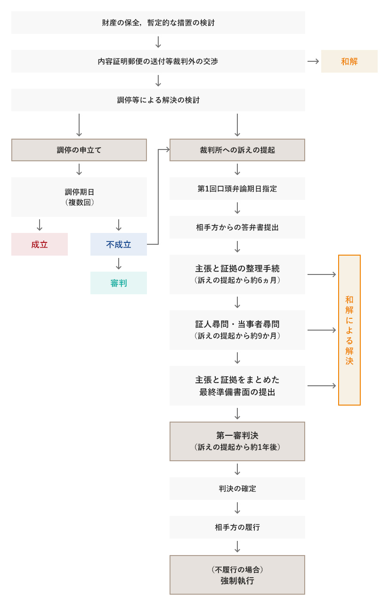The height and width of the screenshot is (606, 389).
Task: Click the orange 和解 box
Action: pyautogui.click(x=349, y=61)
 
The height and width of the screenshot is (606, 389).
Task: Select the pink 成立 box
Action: pyautogui.click(x=40, y=244)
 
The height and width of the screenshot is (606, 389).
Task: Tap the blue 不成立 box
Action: pyautogui.click(x=118, y=244)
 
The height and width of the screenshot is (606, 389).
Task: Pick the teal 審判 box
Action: pyautogui.click(x=118, y=283)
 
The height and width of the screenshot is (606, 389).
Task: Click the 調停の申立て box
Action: pyautogui.click(x=79, y=150)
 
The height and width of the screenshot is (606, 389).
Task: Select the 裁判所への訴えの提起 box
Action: pyautogui.click(x=237, y=150)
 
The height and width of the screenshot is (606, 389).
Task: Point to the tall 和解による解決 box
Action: pyautogui.click(x=349, y=330)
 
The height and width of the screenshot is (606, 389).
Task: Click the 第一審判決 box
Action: pyautogui.click(x=237, y=441)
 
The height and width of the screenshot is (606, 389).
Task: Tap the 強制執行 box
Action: pyautogui.click(x=237, y=575)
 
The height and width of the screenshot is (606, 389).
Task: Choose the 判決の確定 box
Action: pyautogui.click(x=237, y=489)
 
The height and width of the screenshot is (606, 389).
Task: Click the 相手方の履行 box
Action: pyautogui.click(x=237, y=527)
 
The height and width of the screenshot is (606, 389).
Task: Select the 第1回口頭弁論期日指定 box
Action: pyautogui.click(x=237, y=189)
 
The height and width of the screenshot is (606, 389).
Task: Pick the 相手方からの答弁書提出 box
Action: pyautogui.click(x=237, y=227)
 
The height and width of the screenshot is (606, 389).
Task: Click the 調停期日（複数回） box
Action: pyautogui.click(x=79, y=197)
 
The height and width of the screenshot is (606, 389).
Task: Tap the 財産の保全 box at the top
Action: pyautogui.click(x=158, y=23)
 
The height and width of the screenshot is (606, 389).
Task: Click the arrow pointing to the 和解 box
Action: pyautogui.click(x=313, y=61)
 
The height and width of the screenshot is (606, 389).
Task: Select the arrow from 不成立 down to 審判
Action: pyautogui.click(x=119, y=264)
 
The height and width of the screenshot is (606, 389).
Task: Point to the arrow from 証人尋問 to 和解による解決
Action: pyautogui.click(x=322, y=330)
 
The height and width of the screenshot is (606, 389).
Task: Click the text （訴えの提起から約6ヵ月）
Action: pyautogui.click(x=237, y=280)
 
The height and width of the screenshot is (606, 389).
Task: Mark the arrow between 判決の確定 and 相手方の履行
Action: pyautogui.click(x=237, y=508)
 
